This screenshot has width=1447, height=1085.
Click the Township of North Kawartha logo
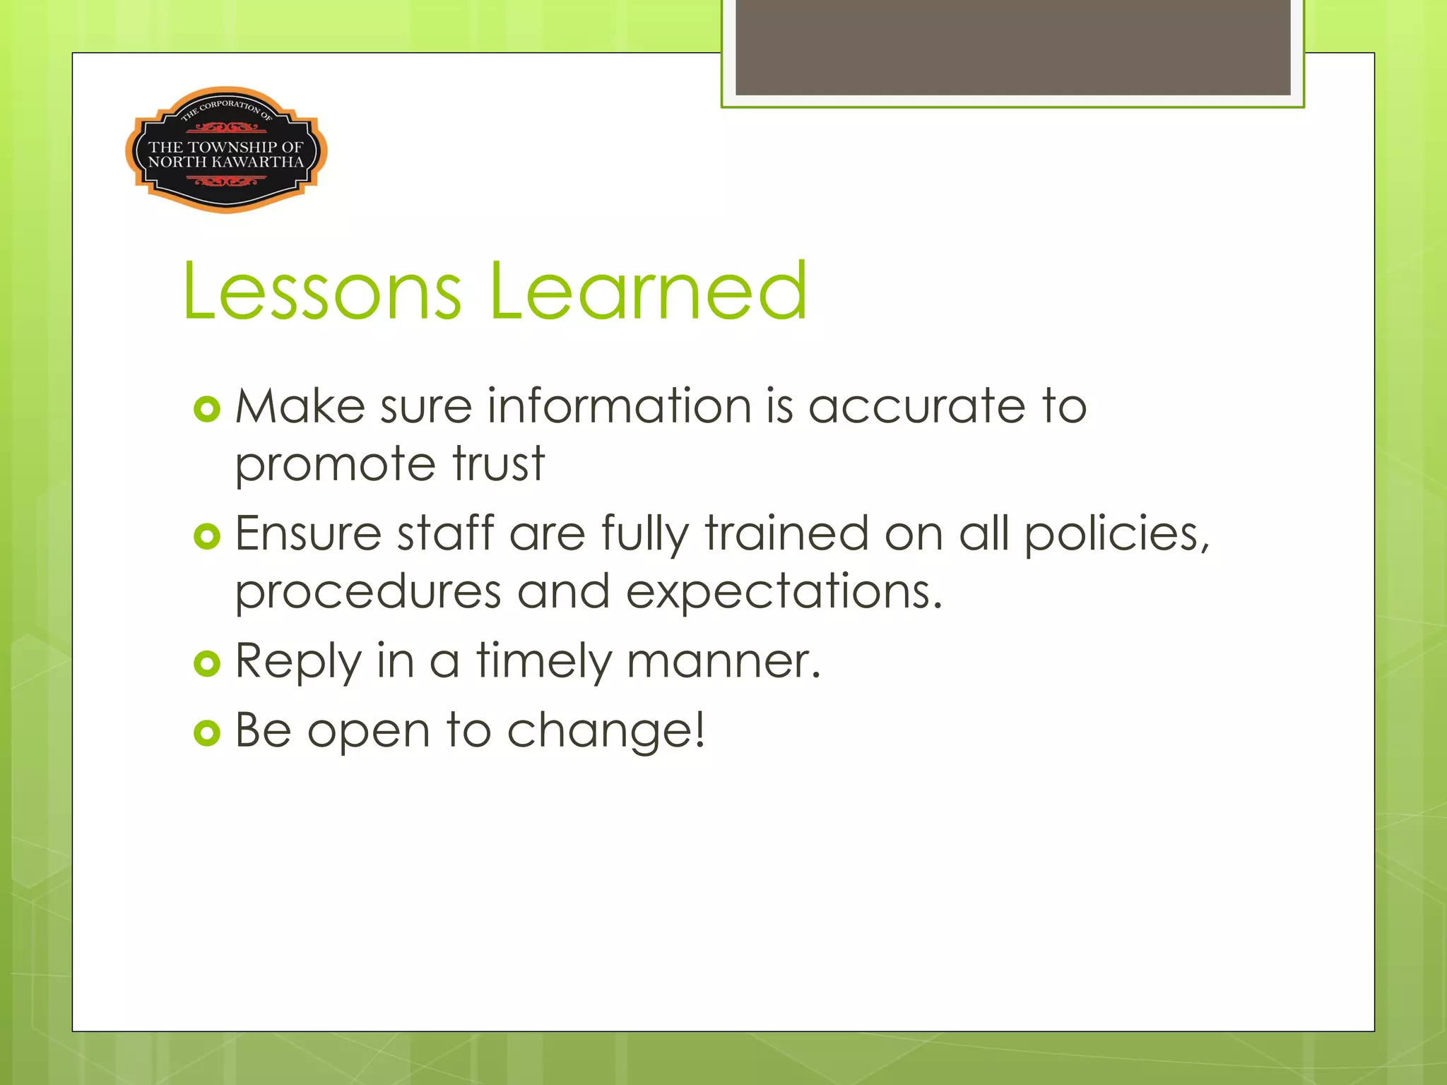tap(226, 150)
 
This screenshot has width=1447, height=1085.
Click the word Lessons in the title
tap(322, 290)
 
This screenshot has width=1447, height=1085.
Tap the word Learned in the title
tap(647, 290)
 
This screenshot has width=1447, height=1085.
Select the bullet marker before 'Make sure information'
tap(207, 409)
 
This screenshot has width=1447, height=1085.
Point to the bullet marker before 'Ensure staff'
tap(207, 536)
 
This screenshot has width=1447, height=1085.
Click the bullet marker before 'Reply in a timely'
tap(207, 663)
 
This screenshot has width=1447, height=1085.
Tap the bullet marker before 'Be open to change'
tap(207, 733)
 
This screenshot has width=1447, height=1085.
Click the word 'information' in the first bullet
tap(619, 407)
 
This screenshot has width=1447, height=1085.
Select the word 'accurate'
tap(916, 407)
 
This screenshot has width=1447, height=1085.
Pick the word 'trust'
tap(499, 465)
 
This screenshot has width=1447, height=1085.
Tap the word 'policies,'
tap(1117, 535)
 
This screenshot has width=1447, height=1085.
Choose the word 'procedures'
tap(368, 593)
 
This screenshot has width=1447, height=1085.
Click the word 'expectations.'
tap(784, 593)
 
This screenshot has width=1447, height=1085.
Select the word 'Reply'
tap(298, 663)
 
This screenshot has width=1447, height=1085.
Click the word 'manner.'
tap(723, 663)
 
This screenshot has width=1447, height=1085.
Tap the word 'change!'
tap(606, 731)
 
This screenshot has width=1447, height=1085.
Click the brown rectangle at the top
tap(1012, 47)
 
